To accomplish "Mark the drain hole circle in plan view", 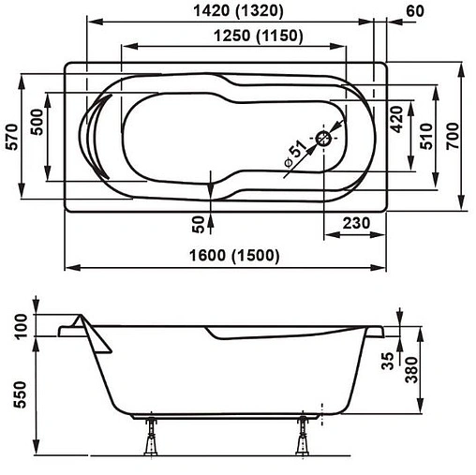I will [324, 138].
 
